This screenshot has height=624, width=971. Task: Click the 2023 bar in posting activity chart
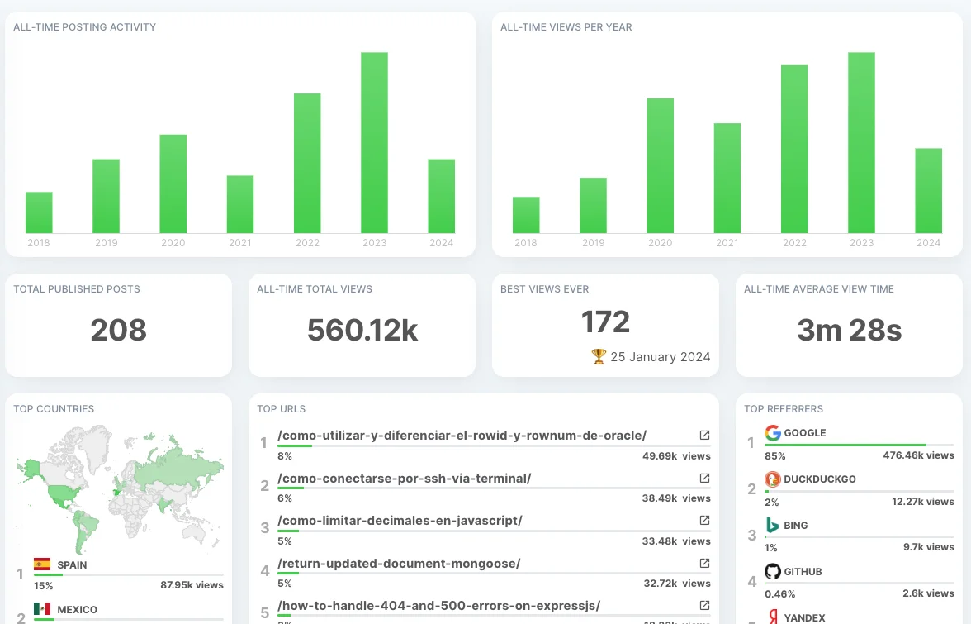(x=374, y=143)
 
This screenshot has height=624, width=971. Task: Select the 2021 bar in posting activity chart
(x=240, y=204)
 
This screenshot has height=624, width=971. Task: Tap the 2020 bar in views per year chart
(x=660, y=165)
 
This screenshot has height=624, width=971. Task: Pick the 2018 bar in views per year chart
(x=526, y=215)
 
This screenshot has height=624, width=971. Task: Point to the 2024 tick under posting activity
(x=442, y=243)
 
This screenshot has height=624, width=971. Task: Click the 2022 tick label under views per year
(x=794, y=243)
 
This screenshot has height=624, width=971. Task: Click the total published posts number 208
(x=118, y=331)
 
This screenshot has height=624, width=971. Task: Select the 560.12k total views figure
(x=362, y=331)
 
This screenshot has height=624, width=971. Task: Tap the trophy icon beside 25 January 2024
(x=599, y=357)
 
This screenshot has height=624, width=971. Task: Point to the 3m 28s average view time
(x=849, y=331)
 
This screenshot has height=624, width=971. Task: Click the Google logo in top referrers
(x=773, y=433)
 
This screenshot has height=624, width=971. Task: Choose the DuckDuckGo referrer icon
(x=773, y=479)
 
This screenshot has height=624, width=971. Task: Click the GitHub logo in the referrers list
(x=773, y=572)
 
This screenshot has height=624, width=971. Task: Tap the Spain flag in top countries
(x=42, y=565)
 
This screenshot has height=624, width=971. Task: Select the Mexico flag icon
(x=42, y=610)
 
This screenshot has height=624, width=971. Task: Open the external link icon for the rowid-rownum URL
(x=704, y=435)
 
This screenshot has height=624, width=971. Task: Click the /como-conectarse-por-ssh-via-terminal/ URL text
(x=405, y=479)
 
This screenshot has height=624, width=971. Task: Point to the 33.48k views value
(x=676, y=541)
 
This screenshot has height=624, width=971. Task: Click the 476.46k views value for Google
(x=918, y=455)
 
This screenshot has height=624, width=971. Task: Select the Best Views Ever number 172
(x=605, y=322)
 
